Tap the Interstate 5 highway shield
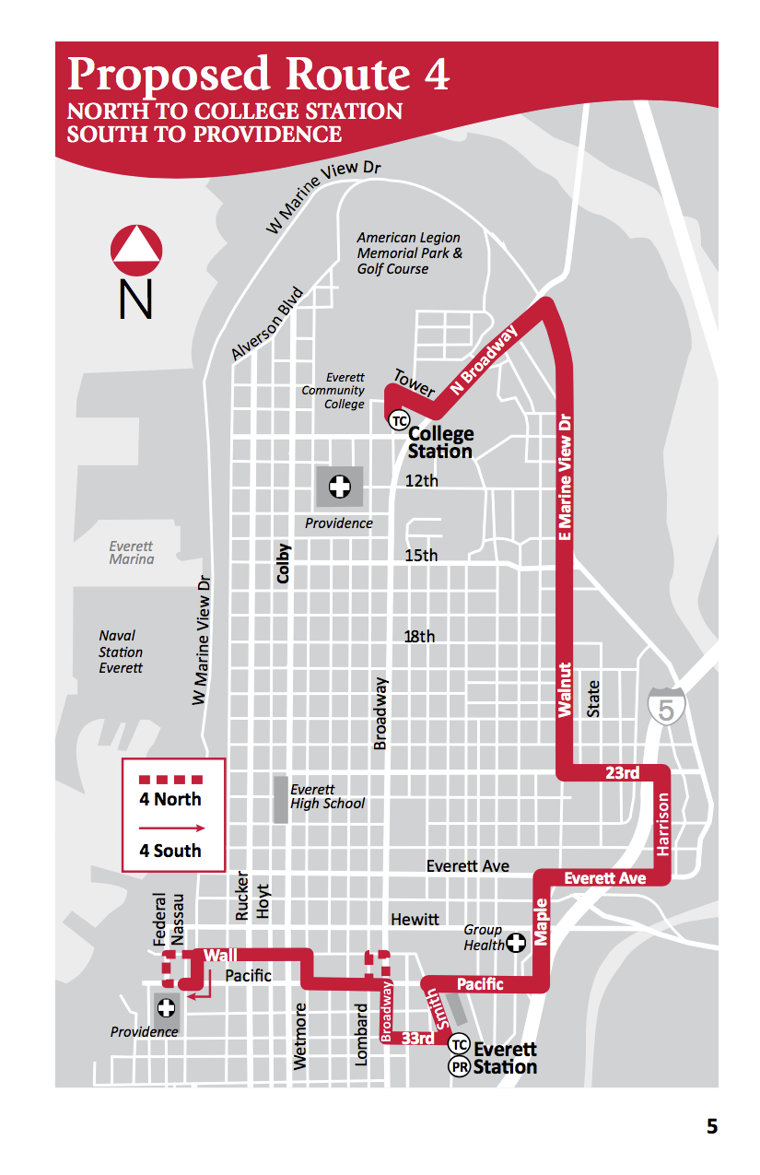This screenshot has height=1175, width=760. coord(666,706)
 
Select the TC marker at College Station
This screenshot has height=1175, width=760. coord(398,420)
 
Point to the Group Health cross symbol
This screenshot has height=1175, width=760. coord(517,942)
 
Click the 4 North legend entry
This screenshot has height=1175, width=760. coord(172,799)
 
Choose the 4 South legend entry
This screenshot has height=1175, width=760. coord(171,850)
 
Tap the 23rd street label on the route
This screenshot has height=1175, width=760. coord(622,772)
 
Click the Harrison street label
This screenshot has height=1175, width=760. coord(663,823)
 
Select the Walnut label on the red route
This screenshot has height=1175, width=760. coord(565,689)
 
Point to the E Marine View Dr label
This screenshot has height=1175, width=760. coord(566,477)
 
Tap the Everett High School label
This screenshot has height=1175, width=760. coord(327,796)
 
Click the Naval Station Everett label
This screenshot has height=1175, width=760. coord(121,652)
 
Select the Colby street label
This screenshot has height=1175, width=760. coord(284,563)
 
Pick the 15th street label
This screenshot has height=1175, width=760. coord(421,556)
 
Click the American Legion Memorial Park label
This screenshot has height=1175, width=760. coord(409,253)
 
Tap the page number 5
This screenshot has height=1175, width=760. coord(711,1126)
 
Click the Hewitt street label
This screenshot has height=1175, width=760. coord(415,920)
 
